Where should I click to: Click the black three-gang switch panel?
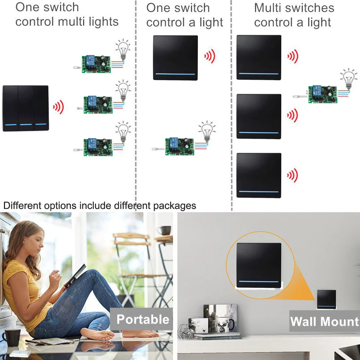(x=26, y=108)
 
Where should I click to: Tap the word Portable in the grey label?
(x=143, y=319)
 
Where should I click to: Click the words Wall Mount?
(x=324, y=321)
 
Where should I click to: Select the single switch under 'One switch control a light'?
(x=175, y=58)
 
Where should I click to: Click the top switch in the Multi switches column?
(x=259, y=57)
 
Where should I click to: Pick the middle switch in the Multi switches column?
(x=259, y=116)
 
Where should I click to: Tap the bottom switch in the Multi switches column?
(x=259, y=175)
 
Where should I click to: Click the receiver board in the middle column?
(x=179, y=146)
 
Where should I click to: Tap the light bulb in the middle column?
(x=208, y=132)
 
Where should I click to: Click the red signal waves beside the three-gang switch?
(x=58, y=107)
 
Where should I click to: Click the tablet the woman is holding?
(x=75, y=275)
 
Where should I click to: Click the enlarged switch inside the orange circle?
(x=259, y=265)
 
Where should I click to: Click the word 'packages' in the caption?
(x=174, y=206)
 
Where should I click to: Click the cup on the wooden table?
(x=165, y=230)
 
